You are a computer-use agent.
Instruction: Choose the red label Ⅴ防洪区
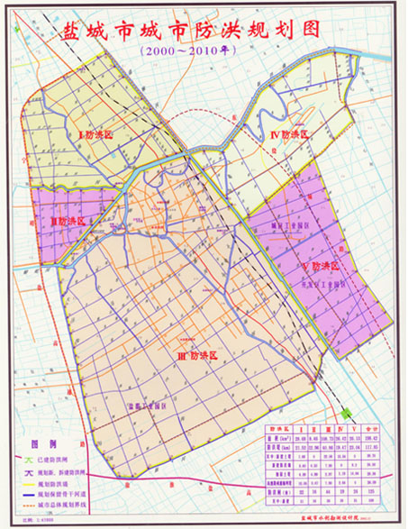click(322, 267)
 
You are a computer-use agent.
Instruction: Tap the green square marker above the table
click(347, 413)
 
